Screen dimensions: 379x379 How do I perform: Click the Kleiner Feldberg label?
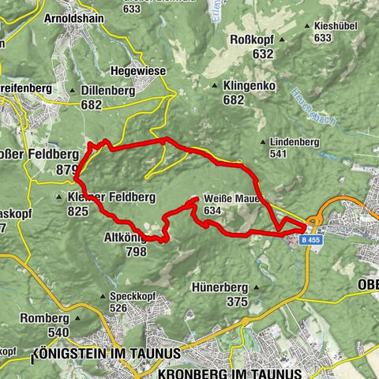coord(111,196)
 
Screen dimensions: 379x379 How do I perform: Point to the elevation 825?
coord(77,211)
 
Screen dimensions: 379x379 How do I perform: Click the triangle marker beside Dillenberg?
coord(73,92)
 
